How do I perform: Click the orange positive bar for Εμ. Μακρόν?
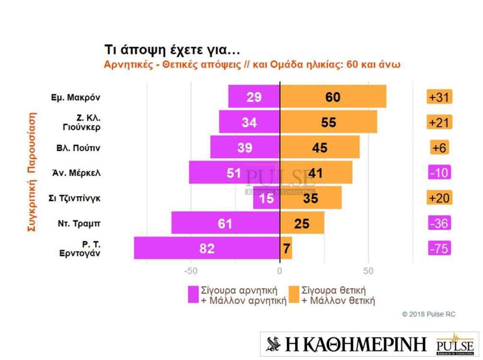coord(333,97)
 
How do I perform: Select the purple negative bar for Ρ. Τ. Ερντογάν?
coord(206,248)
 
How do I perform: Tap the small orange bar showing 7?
coord(286,248)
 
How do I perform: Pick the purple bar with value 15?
coord(267,198)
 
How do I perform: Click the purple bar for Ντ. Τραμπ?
coord(225,223)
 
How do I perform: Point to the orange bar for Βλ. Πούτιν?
coord(319,147)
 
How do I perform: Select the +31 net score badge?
coord(439,97)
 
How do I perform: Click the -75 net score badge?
coord(439,248)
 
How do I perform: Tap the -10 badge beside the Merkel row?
coord(439,172)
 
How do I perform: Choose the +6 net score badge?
coord(439,147)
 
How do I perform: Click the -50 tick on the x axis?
coord(191,271)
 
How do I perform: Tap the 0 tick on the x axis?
coord(280,271)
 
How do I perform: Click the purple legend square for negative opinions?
coord(193,295)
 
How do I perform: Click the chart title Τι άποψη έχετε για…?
coord(172,50)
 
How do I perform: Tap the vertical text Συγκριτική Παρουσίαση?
coord(32,172)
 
